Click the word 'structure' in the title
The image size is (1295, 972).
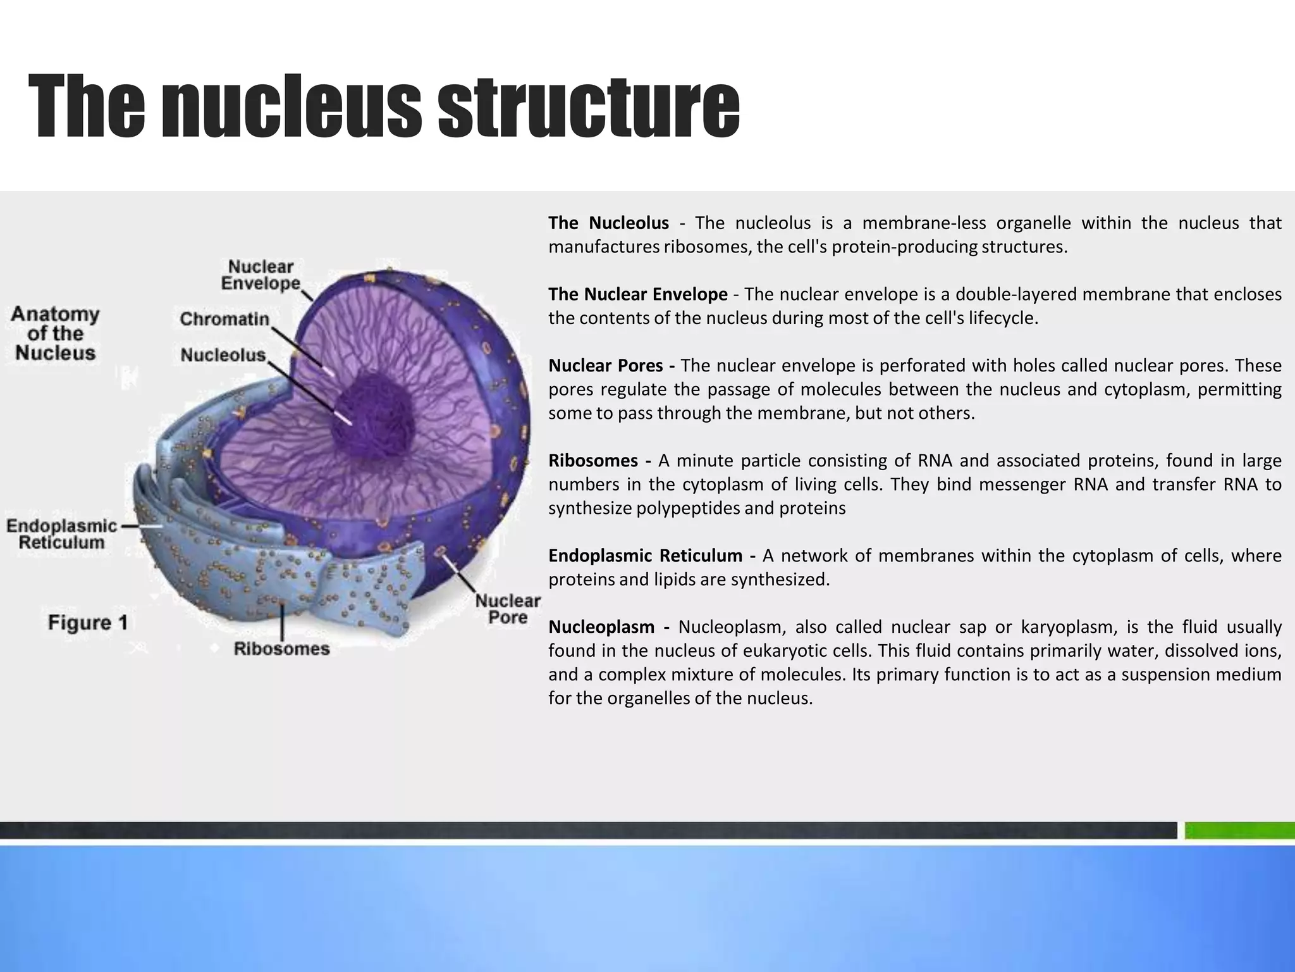tap(588, 106)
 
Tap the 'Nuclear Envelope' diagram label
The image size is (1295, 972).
tap(261, 275)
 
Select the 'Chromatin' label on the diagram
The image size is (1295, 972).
tap(224, 319)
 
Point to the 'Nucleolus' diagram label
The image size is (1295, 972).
tap(223, 355)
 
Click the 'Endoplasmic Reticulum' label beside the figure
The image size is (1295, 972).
tap(62, 534)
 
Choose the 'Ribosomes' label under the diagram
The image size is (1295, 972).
tap(282, 649)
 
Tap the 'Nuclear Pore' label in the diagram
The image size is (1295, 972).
tap(508, 609)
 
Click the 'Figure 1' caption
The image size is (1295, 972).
tap(88, 623)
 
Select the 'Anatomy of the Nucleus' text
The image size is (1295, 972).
tap(56, 333)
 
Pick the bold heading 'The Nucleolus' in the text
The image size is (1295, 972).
tap(608, 223)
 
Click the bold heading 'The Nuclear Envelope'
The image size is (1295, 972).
tap(637, 294)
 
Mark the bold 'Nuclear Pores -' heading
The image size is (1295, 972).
tap(611, 366)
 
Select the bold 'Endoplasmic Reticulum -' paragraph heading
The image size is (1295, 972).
tap(651, 556)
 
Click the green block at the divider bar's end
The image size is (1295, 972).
tap(1239, 830)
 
